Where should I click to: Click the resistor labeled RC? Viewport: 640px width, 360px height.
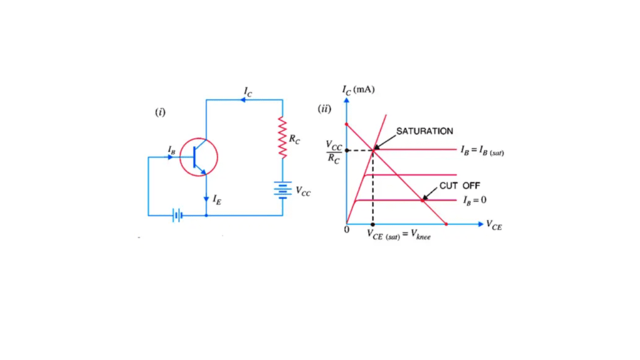282,137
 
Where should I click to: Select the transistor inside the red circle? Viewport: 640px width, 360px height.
199,157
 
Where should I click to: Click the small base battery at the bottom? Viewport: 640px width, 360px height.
178,216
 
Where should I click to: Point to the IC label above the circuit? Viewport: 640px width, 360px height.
248,92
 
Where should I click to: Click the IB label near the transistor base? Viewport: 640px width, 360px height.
171,149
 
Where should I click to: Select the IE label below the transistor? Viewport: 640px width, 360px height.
216,199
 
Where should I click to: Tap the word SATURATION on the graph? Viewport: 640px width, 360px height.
424,131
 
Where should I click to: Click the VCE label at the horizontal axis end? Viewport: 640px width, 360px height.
494,225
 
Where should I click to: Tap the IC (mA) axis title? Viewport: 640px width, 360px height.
357,90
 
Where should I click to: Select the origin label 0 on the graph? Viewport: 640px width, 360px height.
346,230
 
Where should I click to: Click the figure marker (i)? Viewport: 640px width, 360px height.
161,112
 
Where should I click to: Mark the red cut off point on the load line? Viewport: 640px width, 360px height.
422,200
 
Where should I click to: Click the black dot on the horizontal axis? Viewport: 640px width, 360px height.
372,224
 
